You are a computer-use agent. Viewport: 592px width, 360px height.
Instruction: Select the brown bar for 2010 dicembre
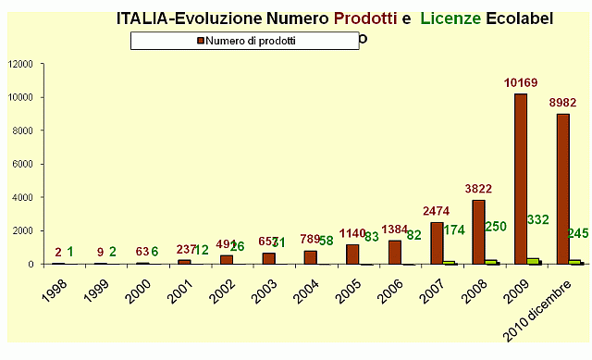562,189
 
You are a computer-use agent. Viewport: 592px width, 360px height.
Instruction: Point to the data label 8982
562,103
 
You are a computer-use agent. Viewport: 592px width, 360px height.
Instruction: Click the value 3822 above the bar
478,186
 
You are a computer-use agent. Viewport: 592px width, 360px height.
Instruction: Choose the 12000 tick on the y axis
20,64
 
